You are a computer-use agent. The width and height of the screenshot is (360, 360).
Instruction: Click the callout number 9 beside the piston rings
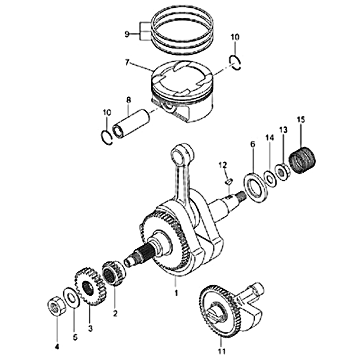point(127,35)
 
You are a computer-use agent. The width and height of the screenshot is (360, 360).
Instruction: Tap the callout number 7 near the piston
point(127,63)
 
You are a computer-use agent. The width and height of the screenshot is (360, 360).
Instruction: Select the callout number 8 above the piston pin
point(128,100)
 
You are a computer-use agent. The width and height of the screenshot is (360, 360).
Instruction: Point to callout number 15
point(301,120)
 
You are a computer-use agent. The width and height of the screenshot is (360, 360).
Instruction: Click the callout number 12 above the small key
point(222,165)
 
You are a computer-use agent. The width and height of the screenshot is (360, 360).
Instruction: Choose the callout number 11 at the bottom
point(222,351)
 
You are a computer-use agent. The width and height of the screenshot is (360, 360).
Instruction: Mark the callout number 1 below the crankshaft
point(176,293)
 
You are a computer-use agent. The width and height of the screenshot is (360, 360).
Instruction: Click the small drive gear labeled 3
point(90,287)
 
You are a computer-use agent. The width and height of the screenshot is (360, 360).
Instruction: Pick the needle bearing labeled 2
point(114,273)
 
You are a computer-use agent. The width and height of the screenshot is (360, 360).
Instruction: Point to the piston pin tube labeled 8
point(131,123)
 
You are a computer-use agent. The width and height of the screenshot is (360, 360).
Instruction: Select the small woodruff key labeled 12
point(229,181)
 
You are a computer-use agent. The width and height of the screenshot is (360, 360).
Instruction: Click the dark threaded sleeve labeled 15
point(302,160)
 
